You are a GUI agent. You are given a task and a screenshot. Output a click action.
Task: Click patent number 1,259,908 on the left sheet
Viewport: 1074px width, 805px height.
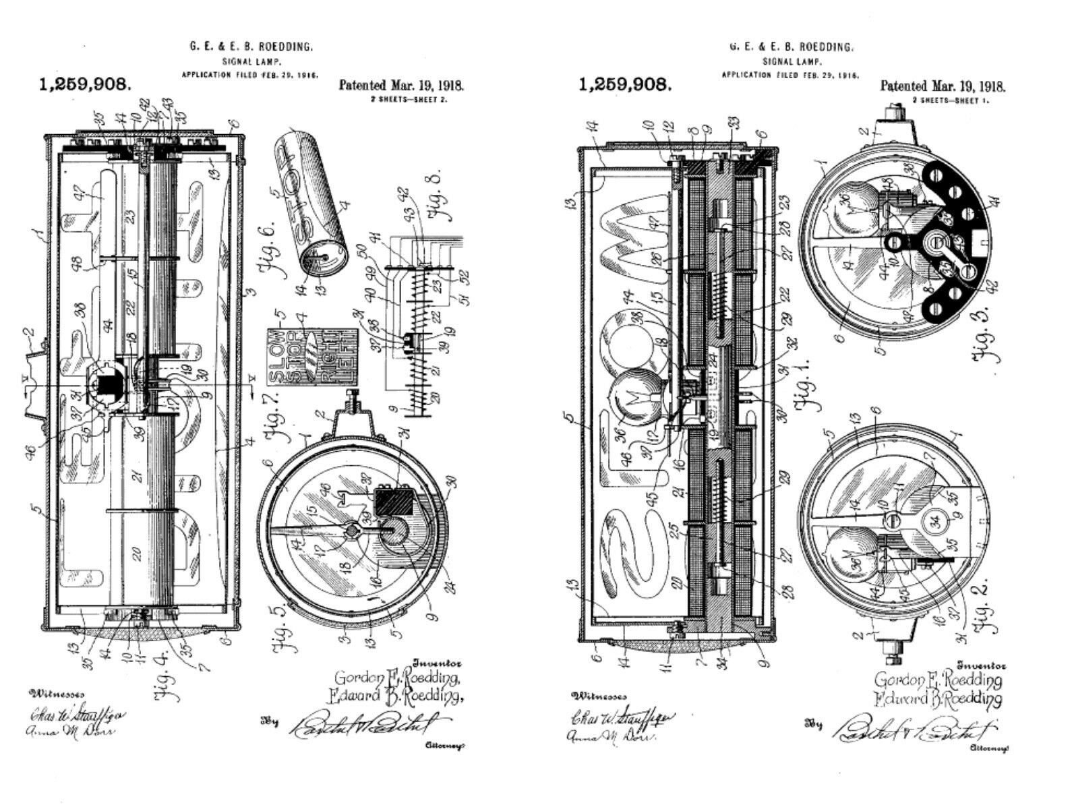85,85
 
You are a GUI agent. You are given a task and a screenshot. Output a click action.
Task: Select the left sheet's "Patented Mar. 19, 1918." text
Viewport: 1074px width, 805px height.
401,86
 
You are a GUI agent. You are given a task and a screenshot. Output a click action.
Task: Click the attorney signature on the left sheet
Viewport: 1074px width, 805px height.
364,725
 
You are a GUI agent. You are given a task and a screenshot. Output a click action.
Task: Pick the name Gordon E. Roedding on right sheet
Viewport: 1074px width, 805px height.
937,680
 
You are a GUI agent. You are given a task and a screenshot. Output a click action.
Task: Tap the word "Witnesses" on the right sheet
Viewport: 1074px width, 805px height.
599,696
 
